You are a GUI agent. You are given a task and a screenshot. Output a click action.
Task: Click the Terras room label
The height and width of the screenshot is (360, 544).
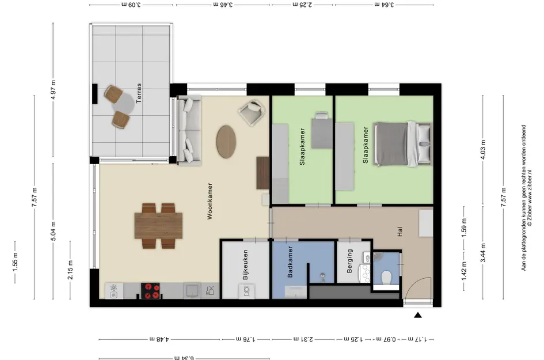coord(139,93)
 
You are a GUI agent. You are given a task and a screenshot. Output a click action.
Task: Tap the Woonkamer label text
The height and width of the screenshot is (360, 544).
coord(210,201)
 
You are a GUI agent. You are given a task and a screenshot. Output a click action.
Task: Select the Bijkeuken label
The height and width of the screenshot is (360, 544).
coord(245,265)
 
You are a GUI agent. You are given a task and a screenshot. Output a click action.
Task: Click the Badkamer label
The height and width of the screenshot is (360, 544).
coord(290,262)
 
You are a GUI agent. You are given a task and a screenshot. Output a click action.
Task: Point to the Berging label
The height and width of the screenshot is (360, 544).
coord(350,261)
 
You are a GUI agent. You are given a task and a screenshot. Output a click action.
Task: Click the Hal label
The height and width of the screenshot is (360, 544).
coord(400,232)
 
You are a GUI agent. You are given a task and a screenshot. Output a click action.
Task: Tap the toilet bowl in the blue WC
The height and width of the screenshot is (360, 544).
coord(386,278)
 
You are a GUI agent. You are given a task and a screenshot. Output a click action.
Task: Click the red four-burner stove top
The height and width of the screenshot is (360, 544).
coord(150,291)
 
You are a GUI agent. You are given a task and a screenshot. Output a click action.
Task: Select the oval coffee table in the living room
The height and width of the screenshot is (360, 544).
coord(226,142)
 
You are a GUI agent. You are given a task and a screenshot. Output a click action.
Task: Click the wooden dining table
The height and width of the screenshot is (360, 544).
coord(158,226)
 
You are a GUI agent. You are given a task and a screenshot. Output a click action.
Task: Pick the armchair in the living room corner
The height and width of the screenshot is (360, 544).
coord(252,112)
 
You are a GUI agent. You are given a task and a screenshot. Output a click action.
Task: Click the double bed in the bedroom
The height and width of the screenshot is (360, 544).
coord(402,144)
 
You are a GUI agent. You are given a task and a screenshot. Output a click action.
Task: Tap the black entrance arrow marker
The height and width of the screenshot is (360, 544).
coord(418,315)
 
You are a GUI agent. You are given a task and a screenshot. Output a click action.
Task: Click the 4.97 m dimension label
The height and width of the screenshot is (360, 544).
coord(53,90)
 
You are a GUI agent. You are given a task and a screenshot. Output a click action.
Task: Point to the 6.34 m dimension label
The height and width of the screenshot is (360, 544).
coord(184,357)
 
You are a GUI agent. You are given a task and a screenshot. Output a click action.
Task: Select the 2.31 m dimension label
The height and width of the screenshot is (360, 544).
coord(303,339)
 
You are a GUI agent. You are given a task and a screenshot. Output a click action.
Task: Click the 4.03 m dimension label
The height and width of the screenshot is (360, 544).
coord(483,149)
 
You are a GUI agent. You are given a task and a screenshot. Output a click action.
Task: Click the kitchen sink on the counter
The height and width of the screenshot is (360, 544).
coord(192,290)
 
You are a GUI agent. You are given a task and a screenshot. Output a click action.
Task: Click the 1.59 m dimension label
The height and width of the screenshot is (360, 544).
coord(464,228)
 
